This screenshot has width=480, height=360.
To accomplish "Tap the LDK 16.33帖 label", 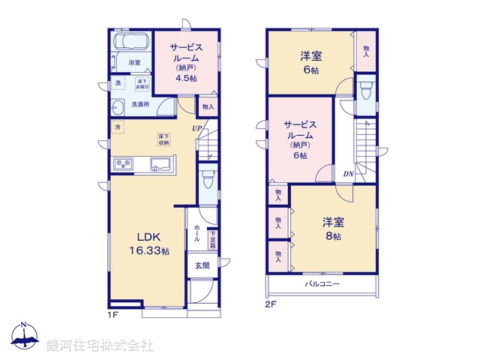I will point(149,244).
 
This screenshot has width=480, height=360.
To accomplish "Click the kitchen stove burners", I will point(124,163).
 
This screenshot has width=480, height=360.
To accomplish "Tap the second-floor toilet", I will point(365,92).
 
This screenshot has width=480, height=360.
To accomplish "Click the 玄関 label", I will point(202,265).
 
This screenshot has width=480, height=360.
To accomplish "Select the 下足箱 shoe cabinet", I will point(212,239).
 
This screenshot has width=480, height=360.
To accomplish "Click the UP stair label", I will point(196,128).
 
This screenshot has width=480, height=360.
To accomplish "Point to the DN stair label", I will point(349,175).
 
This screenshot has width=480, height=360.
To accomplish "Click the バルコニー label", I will point(322,284).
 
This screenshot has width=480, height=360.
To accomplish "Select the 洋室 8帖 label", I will point(332,228).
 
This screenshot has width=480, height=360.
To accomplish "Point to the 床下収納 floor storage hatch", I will point(163,139).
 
